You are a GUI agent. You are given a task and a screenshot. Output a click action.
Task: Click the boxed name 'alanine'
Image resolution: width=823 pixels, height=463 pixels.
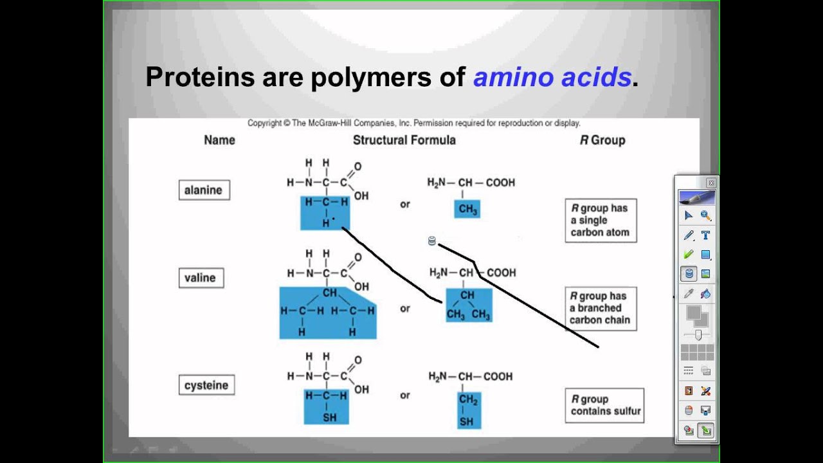[x=203, y=190]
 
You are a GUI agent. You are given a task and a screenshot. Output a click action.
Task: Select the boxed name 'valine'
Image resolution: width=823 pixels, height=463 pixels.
[x=200, y=278]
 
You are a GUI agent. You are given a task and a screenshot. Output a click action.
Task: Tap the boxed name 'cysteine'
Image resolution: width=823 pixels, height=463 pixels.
[x=206, y=385]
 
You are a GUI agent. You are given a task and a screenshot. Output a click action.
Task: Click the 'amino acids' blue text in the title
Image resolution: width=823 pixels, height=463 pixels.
[x=552, y=77]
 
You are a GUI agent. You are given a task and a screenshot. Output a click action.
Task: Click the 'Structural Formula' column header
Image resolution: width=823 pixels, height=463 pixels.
[x=404, y=140]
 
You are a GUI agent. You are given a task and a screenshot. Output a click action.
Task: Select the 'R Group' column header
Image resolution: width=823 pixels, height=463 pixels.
[x=602, y=140]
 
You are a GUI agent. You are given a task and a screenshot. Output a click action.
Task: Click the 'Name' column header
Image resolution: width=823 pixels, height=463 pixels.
[x=219, y=140]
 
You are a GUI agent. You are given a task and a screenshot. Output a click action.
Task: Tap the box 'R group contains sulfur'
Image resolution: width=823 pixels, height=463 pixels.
[x=604, y=405]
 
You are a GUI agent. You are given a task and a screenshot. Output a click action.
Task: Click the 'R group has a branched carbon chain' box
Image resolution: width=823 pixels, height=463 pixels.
[x=600, y=308]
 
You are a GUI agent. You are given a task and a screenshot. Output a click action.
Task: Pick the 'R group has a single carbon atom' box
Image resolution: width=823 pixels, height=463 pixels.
[x=600, y=220]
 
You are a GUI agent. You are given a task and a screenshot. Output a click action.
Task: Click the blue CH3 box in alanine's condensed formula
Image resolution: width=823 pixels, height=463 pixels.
[x=467, y=209]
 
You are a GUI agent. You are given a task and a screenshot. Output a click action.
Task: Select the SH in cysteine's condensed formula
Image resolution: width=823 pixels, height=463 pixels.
[x=467, y=422]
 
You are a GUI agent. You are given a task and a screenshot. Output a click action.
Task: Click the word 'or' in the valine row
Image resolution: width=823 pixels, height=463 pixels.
[x=404, y=309]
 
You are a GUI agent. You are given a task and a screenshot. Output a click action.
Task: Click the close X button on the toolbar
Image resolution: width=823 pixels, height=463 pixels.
[x=710, y=183]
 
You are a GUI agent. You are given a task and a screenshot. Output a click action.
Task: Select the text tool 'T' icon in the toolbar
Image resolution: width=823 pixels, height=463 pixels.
[x=705, y=235]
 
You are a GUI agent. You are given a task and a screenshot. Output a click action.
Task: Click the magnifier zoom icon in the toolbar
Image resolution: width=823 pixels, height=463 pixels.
[x=705, y=216]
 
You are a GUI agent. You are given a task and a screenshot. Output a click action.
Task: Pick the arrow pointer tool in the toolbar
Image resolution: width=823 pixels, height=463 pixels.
[x=689, y=216]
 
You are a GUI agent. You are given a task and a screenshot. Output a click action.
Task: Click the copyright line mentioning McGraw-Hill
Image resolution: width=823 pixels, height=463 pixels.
[x=413, y=123]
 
